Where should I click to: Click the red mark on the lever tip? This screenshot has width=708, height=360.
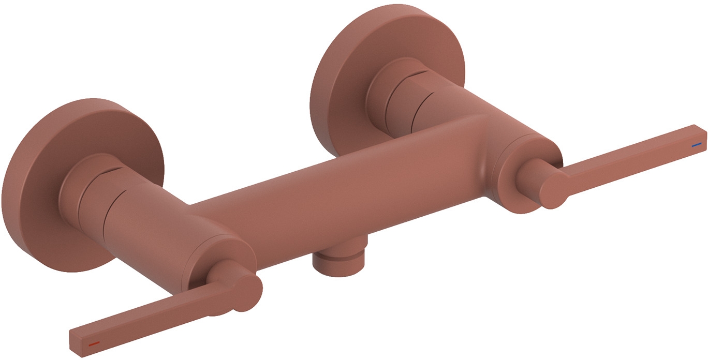pyautogui.click(x=94, y=343)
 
